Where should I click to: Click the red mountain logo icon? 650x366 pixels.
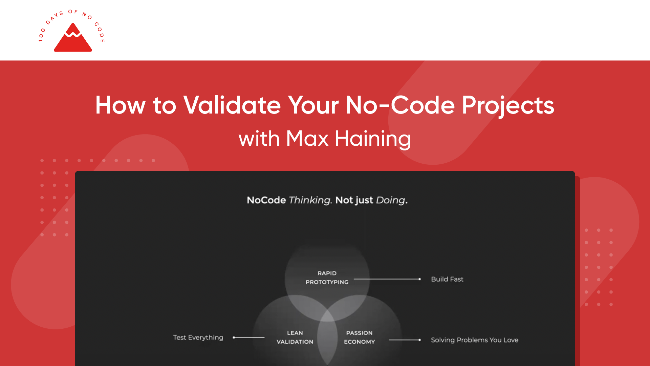click(73, 38)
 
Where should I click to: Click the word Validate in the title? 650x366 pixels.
click(232, 105)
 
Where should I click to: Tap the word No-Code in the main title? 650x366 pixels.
click(400, 105)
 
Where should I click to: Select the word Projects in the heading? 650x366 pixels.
click(508, 105)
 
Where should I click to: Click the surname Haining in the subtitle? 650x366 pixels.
click(373, 139)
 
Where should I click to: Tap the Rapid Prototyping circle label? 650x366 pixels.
click(327, 278)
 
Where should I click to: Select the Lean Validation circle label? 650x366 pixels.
click(295, 337)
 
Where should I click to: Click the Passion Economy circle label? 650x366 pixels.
click(359, 337)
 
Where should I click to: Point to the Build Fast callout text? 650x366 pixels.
click(447, 279)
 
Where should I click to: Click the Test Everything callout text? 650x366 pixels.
click(198, 338)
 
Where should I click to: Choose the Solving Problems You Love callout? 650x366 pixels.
click(474, 340)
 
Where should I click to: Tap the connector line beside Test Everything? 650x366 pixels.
click(249, 338)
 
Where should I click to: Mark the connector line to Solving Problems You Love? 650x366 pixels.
click(404, 340)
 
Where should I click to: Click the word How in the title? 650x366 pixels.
click(120, 105)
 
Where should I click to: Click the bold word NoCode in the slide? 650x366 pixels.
click(266, 200)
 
